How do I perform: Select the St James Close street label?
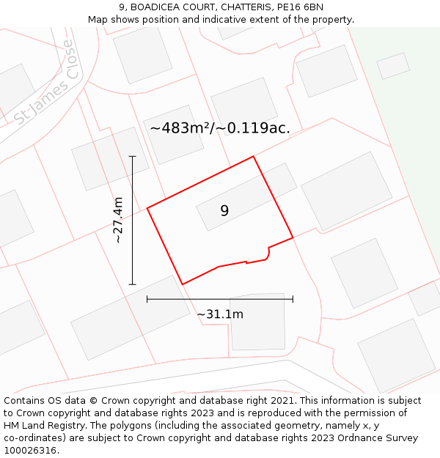tap(44, 83)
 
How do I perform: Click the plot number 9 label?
tap(224, 210)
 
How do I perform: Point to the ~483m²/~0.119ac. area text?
tap(220, 128)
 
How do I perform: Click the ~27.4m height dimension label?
tap(118, 220)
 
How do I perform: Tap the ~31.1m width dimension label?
tap(220, 314)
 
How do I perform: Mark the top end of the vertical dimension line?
tap(133, 156)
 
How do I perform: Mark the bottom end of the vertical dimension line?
tap(133, 284)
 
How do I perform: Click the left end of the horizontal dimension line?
tap(147, 299)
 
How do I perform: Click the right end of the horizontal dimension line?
tap(293, 299)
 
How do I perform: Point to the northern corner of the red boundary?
tap(254, 156)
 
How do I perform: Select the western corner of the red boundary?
tap(147, 208)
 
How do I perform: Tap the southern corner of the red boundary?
tap(182, 284)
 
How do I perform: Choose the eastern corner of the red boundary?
tap(293, 237)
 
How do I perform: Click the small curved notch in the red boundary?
tap(268, 254)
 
